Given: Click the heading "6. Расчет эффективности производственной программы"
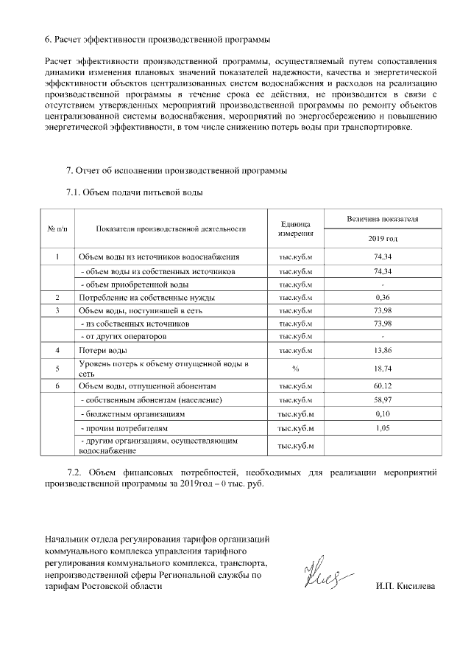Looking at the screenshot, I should [x=157, y=38].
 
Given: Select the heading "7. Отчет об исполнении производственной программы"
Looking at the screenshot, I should [x=177, y=171].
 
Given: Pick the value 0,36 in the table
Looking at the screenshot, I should [x=381, y=297].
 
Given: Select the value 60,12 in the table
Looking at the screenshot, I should [x=381, y=385].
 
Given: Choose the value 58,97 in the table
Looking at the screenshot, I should [x=381, y=399].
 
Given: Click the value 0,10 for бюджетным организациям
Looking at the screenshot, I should [x=381, y=413].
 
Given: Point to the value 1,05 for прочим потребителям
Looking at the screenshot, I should [x=381, y=427].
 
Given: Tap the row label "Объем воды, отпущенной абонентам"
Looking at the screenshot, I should [x=148, y=385].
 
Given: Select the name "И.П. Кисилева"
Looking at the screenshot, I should [x=404, y=586].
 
